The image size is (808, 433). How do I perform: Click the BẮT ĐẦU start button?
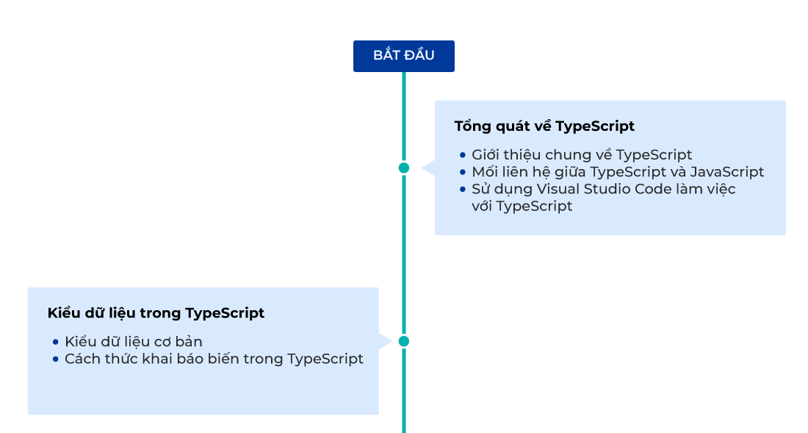tap(403, 56)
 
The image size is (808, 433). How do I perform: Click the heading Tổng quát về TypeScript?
tap(544, 126)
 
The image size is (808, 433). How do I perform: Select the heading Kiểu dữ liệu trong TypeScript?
tap(156, 313)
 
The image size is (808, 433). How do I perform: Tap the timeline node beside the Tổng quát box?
tap(403, 168)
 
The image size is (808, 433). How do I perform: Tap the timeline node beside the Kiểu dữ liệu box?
tap(403, 341)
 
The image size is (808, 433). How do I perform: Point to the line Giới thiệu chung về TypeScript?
tap(582, 155)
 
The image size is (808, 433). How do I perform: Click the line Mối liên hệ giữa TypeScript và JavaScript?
tap(618, 172)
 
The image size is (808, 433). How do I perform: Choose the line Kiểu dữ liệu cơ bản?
tap(133, 342)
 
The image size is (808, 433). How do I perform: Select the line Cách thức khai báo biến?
tap(214, 359)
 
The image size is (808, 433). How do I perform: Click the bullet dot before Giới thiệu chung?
tap(463, 155)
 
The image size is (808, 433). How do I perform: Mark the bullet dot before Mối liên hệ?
tap(463, 172)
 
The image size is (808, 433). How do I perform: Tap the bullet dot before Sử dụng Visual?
tap(463, 189)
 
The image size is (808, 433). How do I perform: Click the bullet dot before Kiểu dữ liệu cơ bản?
tap(56, 342)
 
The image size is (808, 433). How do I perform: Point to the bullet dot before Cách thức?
tap(56, 359)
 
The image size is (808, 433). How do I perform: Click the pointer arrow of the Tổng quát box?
tap(427, 168)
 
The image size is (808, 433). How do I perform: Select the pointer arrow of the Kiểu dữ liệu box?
tap(386, 341)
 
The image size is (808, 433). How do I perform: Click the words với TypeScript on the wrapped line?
tap(522, 207)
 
